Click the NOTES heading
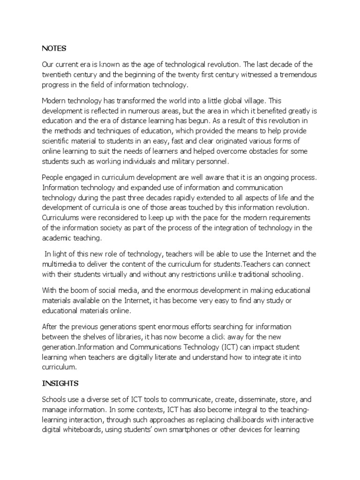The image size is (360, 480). click(54, 48)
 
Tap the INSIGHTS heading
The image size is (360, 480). click(60, 383)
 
